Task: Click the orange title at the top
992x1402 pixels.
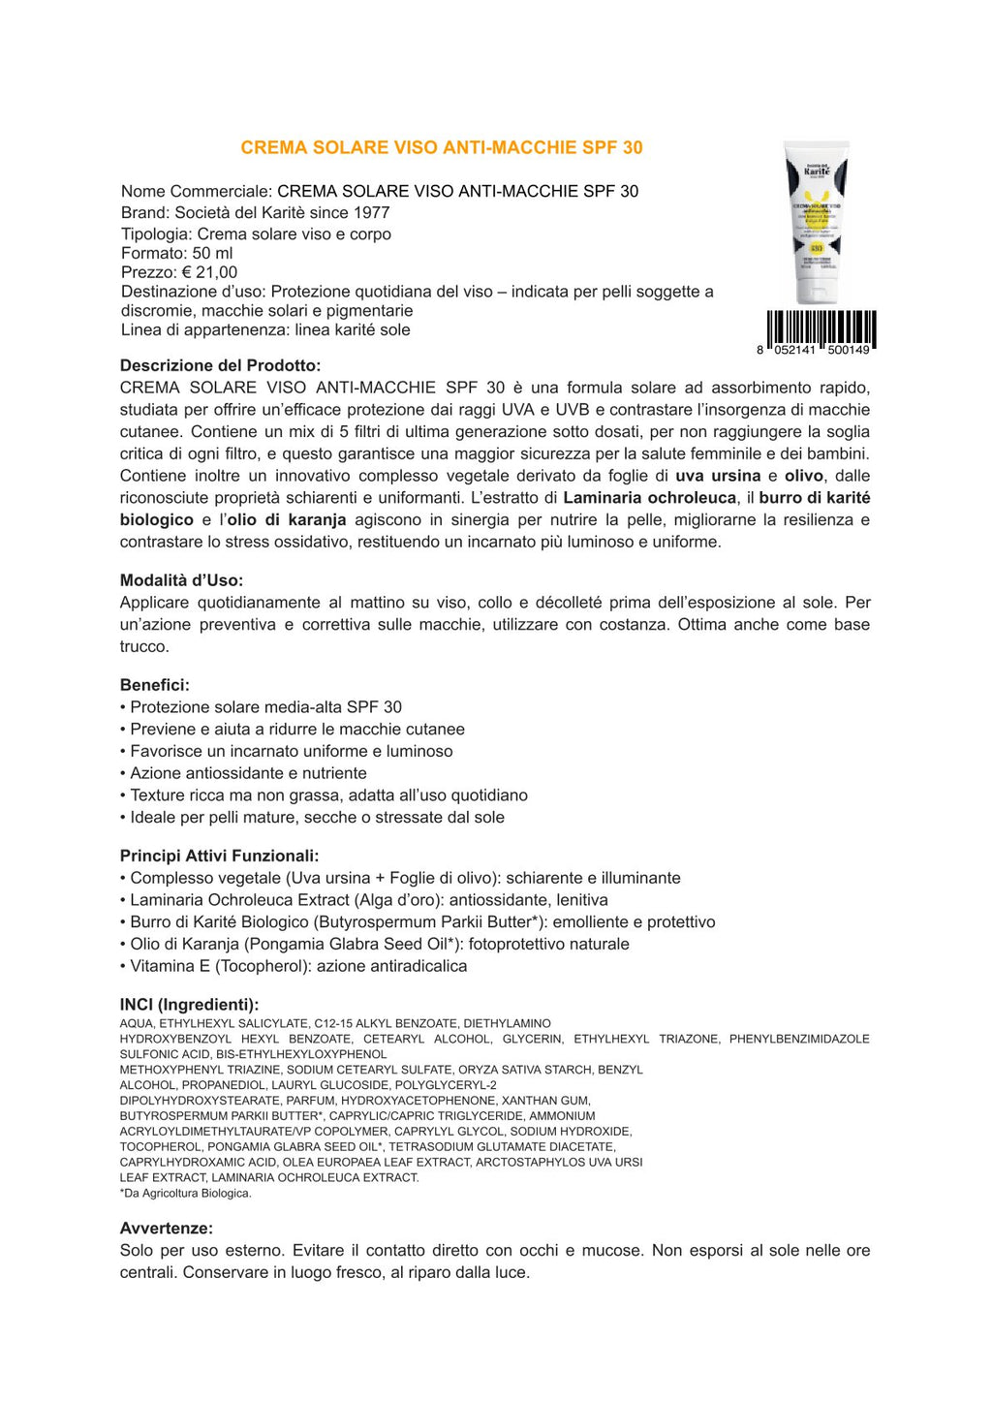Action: tap(441, 147)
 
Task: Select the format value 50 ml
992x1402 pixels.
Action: tap(212, 253)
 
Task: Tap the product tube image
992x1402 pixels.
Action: tap(817, 223)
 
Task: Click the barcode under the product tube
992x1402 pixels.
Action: tap(821, 329)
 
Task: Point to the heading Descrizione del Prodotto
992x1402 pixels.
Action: tap(220, 365)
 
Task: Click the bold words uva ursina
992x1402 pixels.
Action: tap(718, 476)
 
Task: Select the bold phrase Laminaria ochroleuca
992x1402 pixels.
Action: tap(649, 498)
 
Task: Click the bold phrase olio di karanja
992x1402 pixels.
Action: tap(286, 520)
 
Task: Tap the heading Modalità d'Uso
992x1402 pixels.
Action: tap(181, 580)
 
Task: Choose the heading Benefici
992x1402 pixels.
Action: tap(154, 685)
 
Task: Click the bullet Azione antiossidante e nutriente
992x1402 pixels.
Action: tap(248, 773)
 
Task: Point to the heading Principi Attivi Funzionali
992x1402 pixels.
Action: tap(219, 856)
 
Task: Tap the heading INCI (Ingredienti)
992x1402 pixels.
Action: tap(189, 1005)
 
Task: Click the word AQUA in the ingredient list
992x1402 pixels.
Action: tap(137, 1023)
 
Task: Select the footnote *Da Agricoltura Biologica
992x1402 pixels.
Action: tap(185, 1193)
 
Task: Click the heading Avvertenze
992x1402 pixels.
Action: tap(166, 1228)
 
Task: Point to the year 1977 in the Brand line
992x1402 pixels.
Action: tap(371, 212)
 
